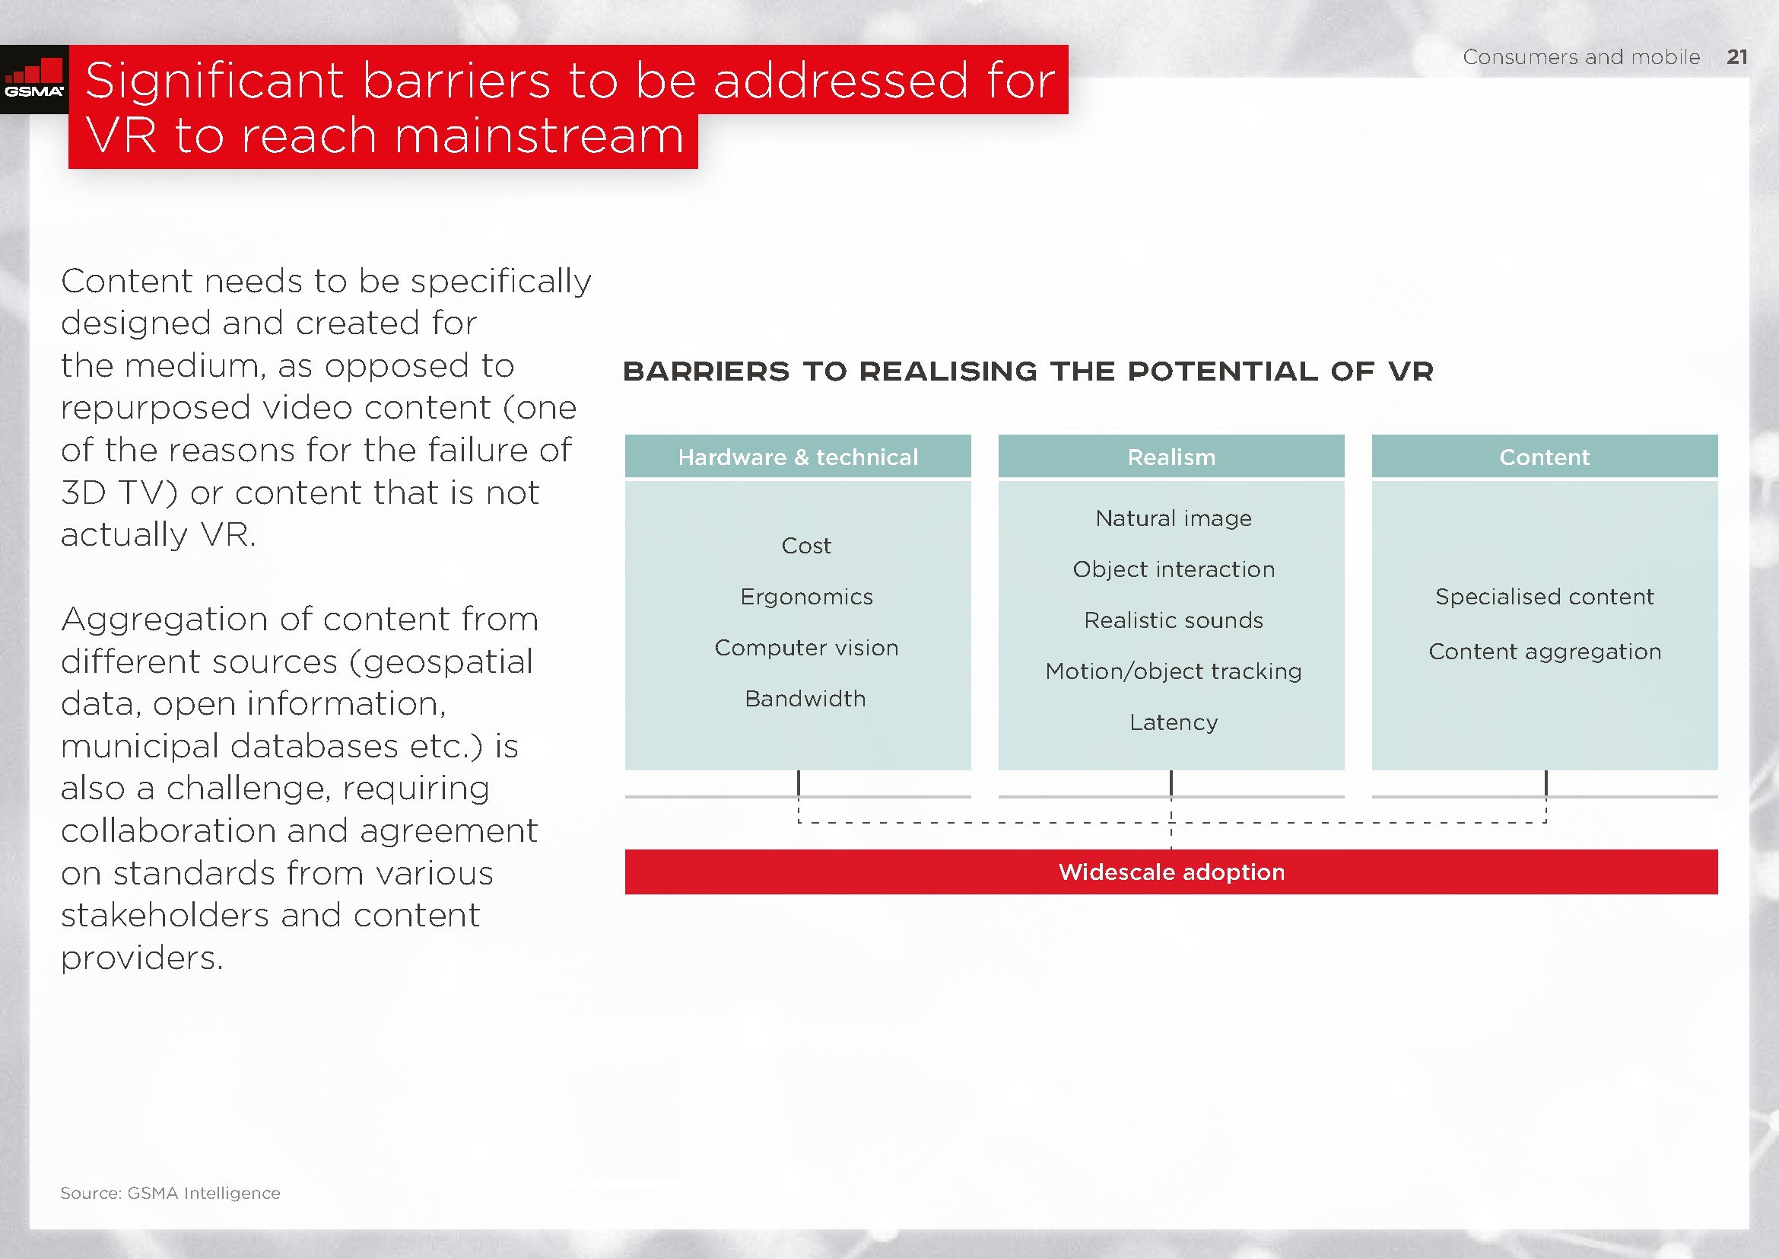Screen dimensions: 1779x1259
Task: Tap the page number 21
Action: [1737, 57]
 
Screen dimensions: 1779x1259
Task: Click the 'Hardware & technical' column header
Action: [798, 457]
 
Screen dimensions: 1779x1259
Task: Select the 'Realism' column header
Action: [1171, 457]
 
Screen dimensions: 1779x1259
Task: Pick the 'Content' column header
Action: [1545, 457]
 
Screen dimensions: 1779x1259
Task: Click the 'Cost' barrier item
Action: [805, 546]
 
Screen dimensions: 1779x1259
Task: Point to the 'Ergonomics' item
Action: [806, 597]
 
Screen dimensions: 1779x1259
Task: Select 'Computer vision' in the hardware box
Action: [806, 648]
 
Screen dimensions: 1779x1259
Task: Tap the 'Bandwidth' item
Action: [805, 700]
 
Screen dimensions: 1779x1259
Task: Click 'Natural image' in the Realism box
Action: [1174, 518]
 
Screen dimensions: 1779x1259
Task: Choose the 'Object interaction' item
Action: [1174, 570]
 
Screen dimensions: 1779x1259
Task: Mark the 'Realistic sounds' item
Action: [1174, 620]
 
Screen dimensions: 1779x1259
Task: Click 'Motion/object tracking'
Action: [1174, 671]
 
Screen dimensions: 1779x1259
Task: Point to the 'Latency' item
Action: [1174, 722]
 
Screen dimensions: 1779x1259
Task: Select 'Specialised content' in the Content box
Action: [1545, 597]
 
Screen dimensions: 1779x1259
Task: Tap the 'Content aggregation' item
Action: [1545, 652]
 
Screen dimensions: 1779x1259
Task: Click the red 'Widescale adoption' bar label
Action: [1171, 872]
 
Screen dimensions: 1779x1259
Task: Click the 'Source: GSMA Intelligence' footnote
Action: [170, 1193]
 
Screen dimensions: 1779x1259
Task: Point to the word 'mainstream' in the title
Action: [540, 135]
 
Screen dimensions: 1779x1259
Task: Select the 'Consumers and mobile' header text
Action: [1581, 57]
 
